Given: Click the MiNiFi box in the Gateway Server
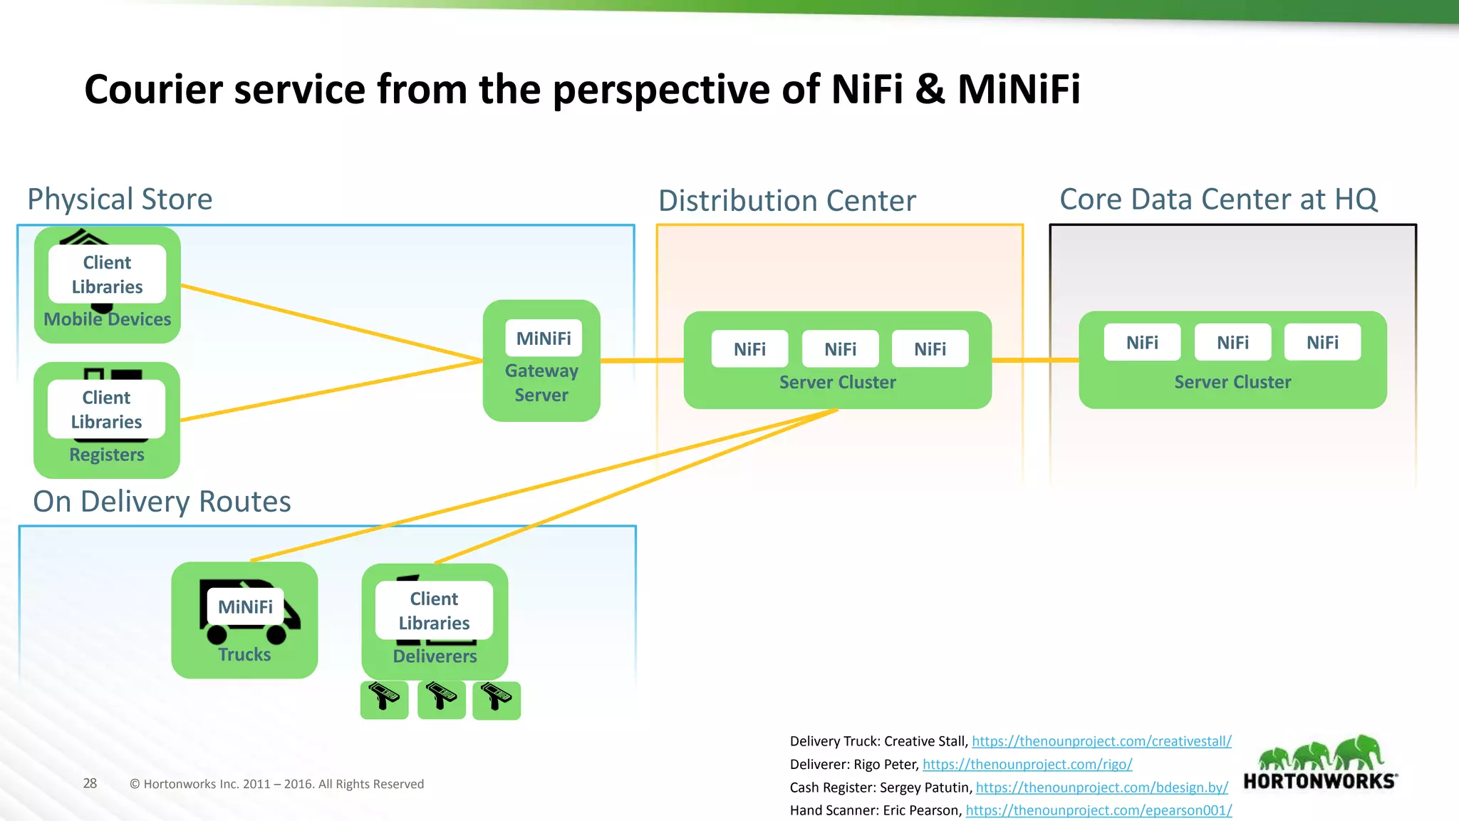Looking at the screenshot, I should (x=544, y=339).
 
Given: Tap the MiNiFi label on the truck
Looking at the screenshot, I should (x=245, y=606).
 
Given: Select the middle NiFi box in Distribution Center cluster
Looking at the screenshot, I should (x=840, y=349).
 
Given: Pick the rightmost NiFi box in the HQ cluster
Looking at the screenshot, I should (x=1322, y=343).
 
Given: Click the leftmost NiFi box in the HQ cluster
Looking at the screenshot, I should (x=1142, y=343).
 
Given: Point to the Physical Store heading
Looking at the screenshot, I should (x=120, y=200).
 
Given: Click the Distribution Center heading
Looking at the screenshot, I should (x=786, y=201).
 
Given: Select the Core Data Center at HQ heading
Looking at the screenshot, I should (x=1218, y=200).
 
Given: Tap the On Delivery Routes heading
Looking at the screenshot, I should (x=162, y=502).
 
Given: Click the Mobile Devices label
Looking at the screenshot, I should (x=108, y=319).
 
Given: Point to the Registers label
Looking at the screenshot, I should (x=107, y=455).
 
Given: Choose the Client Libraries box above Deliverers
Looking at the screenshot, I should (x=434, y=611).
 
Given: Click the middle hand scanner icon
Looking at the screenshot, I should (x=441, y=698).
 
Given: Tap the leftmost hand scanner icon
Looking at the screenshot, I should (x=384, y=698).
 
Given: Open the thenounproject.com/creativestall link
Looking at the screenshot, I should (x=1101, y=741).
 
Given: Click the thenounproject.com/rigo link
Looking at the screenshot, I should (x=1027, y=765).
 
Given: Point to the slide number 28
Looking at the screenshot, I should (x=90, y=783).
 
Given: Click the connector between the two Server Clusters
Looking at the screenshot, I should (x=1035, y=361).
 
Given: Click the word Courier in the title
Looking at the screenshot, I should (x=154, y=90).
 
